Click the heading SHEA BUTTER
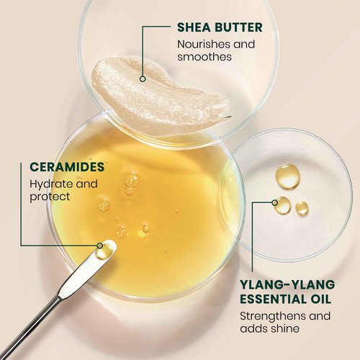[220, 28]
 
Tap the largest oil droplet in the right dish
[288, 175]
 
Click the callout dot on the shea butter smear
[143, 78]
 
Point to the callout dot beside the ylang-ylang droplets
[274, 202]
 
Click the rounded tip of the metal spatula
[104, 249]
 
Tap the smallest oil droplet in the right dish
[302, 207]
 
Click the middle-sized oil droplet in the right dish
[283, 205]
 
